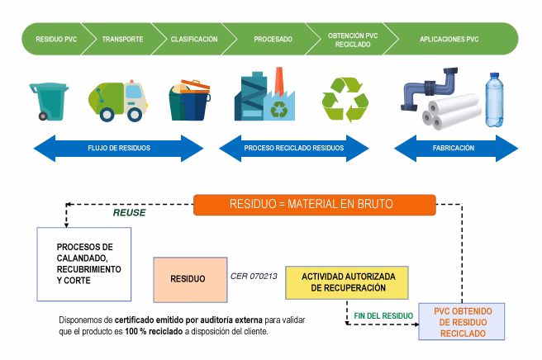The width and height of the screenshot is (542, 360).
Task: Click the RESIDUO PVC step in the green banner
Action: (x=55, y=39)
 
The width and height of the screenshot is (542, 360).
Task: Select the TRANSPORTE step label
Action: (x=122, y=39)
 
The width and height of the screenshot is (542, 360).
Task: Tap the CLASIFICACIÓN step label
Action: (x=193, y=39)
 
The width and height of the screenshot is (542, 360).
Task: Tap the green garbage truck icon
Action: (x=116, y=101)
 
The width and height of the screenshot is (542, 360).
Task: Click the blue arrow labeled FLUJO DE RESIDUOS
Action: (x=117, y=148)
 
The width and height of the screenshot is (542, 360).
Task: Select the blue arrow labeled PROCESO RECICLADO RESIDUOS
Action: (x=293, y=148)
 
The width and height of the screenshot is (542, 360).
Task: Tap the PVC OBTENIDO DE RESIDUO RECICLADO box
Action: (x=463, y=320)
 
